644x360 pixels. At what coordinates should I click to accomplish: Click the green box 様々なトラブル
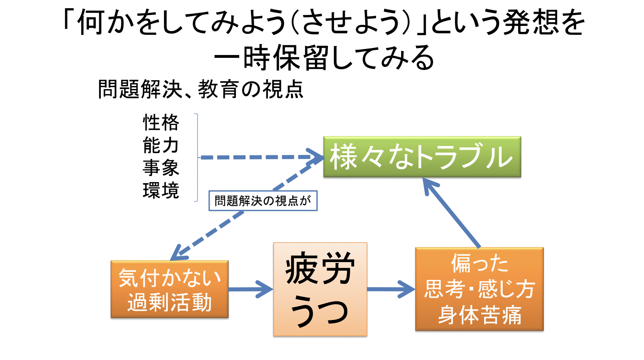(422, 157)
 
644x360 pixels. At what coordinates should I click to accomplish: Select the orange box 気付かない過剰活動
(170, 289)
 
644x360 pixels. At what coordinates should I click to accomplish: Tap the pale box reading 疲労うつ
(320, 289)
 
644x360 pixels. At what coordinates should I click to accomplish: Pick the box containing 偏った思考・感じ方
(479, 289)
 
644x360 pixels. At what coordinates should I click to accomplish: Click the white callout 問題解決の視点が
(263, 201)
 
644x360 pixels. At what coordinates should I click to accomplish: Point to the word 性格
(161, 123)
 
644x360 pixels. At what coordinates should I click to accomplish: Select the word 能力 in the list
(161, 145)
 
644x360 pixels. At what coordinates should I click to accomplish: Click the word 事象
(161, 168)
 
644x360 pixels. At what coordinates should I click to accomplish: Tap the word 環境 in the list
(161, 190)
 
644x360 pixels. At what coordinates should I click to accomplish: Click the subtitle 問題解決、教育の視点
(201, 89)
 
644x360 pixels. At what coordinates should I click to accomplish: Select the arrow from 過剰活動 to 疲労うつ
(251, 289)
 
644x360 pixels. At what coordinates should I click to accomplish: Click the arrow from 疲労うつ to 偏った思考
(391, 289)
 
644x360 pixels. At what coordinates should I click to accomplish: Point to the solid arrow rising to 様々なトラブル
(451, 213)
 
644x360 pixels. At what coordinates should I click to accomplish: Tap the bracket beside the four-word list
(197, 157)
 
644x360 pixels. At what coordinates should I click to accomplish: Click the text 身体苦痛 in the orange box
(480, 315)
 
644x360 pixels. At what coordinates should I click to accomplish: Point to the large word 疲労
(320, 269)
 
